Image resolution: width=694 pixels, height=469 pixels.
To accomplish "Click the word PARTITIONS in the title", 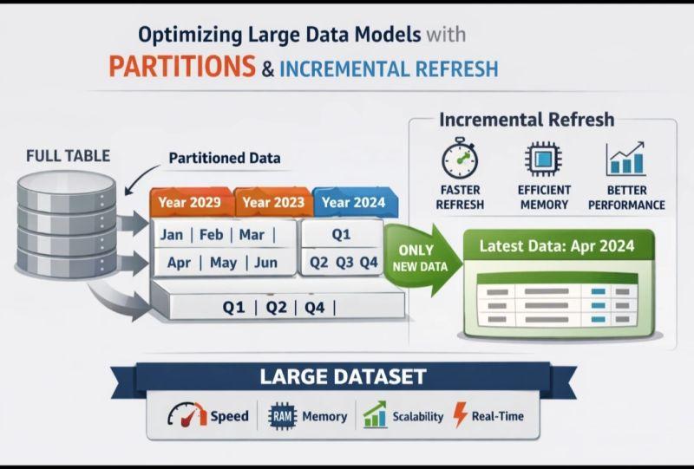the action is pos(182,67).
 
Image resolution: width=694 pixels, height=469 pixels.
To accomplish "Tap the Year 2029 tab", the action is pos(191,202).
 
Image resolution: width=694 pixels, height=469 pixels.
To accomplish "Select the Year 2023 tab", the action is pos(273,202).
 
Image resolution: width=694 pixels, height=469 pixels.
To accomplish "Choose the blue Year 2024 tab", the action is pos(355,202).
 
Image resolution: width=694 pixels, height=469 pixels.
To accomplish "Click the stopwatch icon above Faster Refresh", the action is pos(460,158).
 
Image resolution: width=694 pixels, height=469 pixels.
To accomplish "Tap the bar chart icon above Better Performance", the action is pos(625,159).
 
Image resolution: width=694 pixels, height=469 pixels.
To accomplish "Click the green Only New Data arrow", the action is pos(422,259).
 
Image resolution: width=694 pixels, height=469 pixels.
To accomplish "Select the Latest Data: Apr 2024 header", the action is pos(557,245).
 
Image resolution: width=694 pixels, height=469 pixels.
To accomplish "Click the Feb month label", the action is pos(211,234).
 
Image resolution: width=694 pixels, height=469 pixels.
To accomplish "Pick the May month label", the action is pos(223,263).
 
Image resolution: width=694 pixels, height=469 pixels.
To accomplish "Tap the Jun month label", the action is pos(265,263).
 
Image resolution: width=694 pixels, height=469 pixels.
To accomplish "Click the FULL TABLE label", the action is pos(68,156).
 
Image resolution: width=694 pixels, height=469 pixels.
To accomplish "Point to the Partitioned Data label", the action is pos(225,158).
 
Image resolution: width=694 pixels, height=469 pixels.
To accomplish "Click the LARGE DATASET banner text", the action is pos(343,376).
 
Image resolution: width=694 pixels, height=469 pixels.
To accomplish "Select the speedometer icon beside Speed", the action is pos(187,414).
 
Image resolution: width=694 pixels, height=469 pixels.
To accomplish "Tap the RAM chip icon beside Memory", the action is pos(283,416).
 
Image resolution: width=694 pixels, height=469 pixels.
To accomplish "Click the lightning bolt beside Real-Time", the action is pos(460,414).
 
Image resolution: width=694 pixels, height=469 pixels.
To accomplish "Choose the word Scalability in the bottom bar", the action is pos(418,416).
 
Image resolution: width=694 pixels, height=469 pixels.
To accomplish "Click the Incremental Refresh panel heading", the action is pos(527,120).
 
